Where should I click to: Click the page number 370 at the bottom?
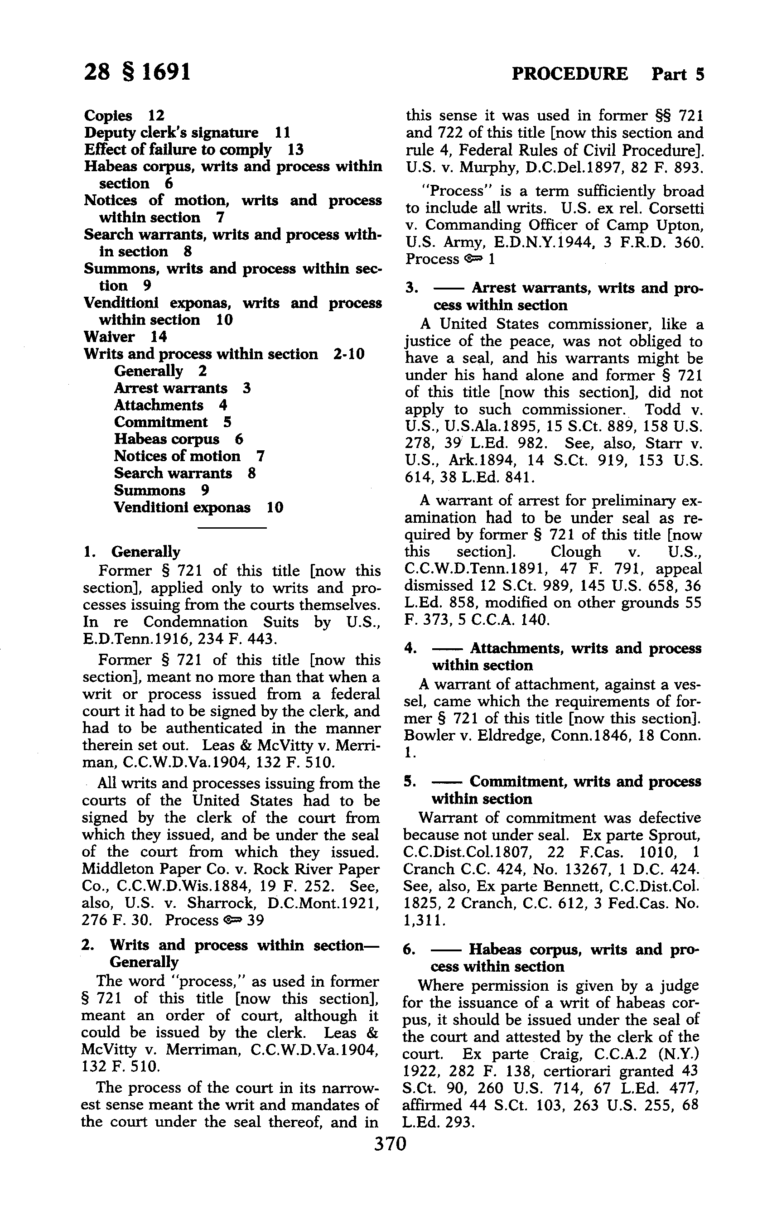(x=390, y=1144)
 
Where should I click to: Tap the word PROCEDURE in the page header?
(x=569, y=74)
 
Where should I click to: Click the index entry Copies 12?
(x=124, y=116)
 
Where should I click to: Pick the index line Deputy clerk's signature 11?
(x=187, y=133)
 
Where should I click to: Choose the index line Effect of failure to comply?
(x=193, y=150)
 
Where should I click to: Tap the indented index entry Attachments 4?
(x=170, y=405)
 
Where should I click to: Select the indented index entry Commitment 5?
(x=173, y=422)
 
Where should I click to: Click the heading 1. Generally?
(x=132, y=552)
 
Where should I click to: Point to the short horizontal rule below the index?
(x=232, y=528)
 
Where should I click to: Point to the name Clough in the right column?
(x=575, y=552)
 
